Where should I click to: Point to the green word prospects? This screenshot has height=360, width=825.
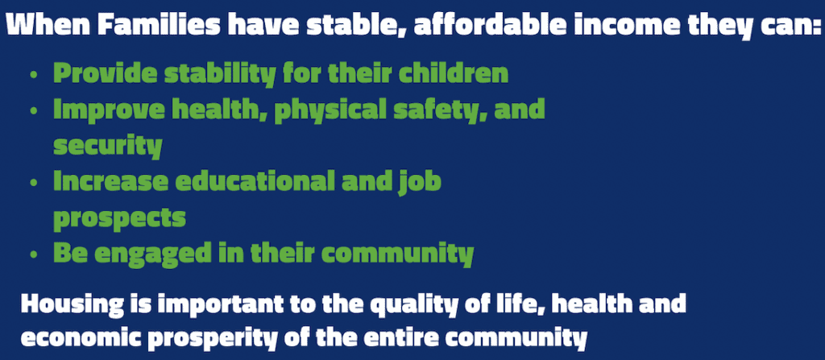pos(119,218)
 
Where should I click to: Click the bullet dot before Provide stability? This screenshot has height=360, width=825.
pos(34,75)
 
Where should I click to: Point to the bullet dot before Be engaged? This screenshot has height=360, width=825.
pos(34,254)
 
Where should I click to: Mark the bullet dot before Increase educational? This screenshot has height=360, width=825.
pos(34,182)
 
